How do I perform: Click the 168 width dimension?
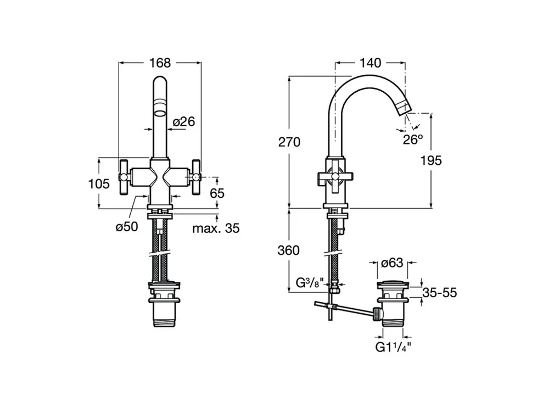pos(160,63)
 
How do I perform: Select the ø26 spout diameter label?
pos(184,121)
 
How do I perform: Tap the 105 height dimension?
pos(99,183)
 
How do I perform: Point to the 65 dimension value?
pos(217,193)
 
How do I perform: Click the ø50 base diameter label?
pos(127,227)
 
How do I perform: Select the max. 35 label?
pos(216,228)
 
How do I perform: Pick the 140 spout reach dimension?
pos(370,63)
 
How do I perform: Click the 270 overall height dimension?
pos(289,142)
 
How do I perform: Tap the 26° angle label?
pos(413,140)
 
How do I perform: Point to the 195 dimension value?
pos(431,160)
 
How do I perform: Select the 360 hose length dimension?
pos(289,250)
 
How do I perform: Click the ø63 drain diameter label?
pos(392,263)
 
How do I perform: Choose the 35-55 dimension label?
pos(439,293)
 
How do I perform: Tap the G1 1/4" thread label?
pos(393,347)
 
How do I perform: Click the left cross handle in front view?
pos(125,177)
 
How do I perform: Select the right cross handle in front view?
pos(196,177)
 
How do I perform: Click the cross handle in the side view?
pos(335,177)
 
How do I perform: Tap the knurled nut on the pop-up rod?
pos(377,313)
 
